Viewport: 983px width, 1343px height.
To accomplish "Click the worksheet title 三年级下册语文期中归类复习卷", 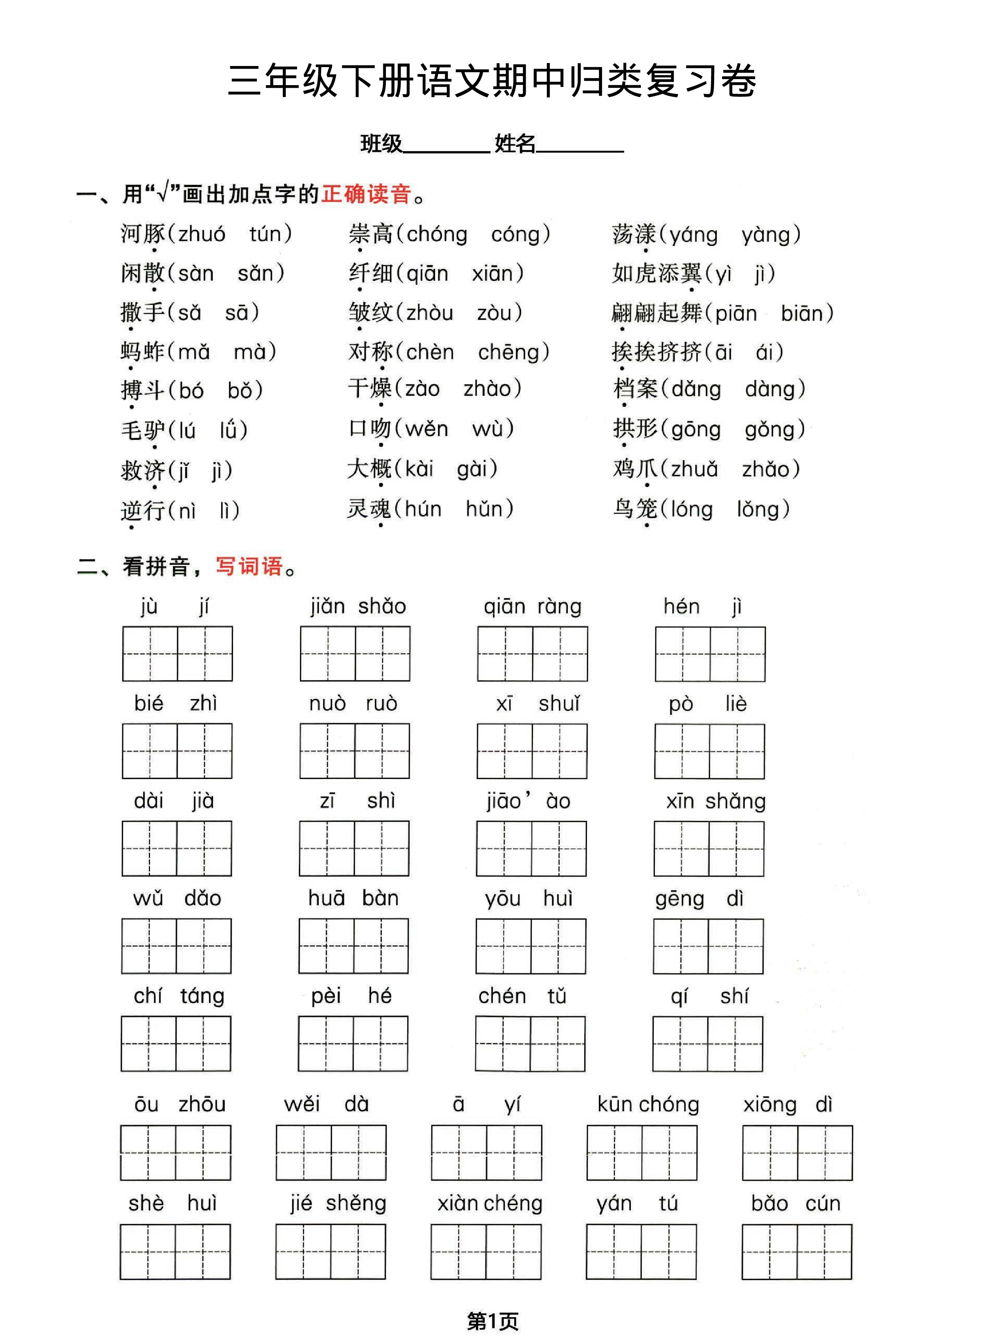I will pyautogui.click(x=491, y=81).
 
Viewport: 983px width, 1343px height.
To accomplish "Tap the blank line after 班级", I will pyautogui.click(x=446, y=146).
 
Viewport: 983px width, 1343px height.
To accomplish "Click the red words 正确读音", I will pyautogui.click(x=366, y=194).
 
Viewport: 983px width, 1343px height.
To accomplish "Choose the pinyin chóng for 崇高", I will pyautogui.click(x=437, y=234).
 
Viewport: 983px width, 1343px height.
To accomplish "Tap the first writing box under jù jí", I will pyautogui.click(x=150, y=653).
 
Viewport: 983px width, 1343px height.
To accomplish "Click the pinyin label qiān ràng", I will pyautogui.click(x=532, y=606).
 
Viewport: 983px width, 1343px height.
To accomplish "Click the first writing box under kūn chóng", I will pyautogui.click(x=614, y=1152).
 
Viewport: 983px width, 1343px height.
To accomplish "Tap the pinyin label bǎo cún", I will pyautogui.click(x=795, y=1203).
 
